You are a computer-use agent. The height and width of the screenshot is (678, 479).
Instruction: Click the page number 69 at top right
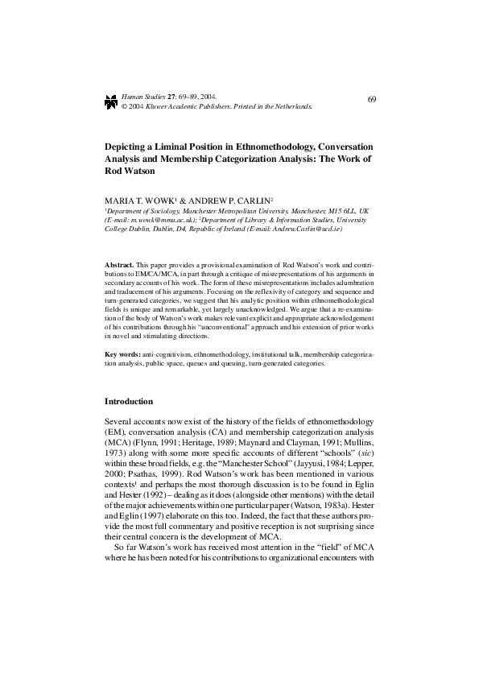coord(372,99)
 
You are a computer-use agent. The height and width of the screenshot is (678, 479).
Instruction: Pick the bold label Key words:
coord(123,354)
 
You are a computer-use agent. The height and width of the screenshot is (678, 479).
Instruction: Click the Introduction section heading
coord(129,401)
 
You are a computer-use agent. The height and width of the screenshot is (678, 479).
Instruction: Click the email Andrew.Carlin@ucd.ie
coord(308,228)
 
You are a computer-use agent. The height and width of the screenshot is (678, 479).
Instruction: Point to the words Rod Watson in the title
coord(130,171)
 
